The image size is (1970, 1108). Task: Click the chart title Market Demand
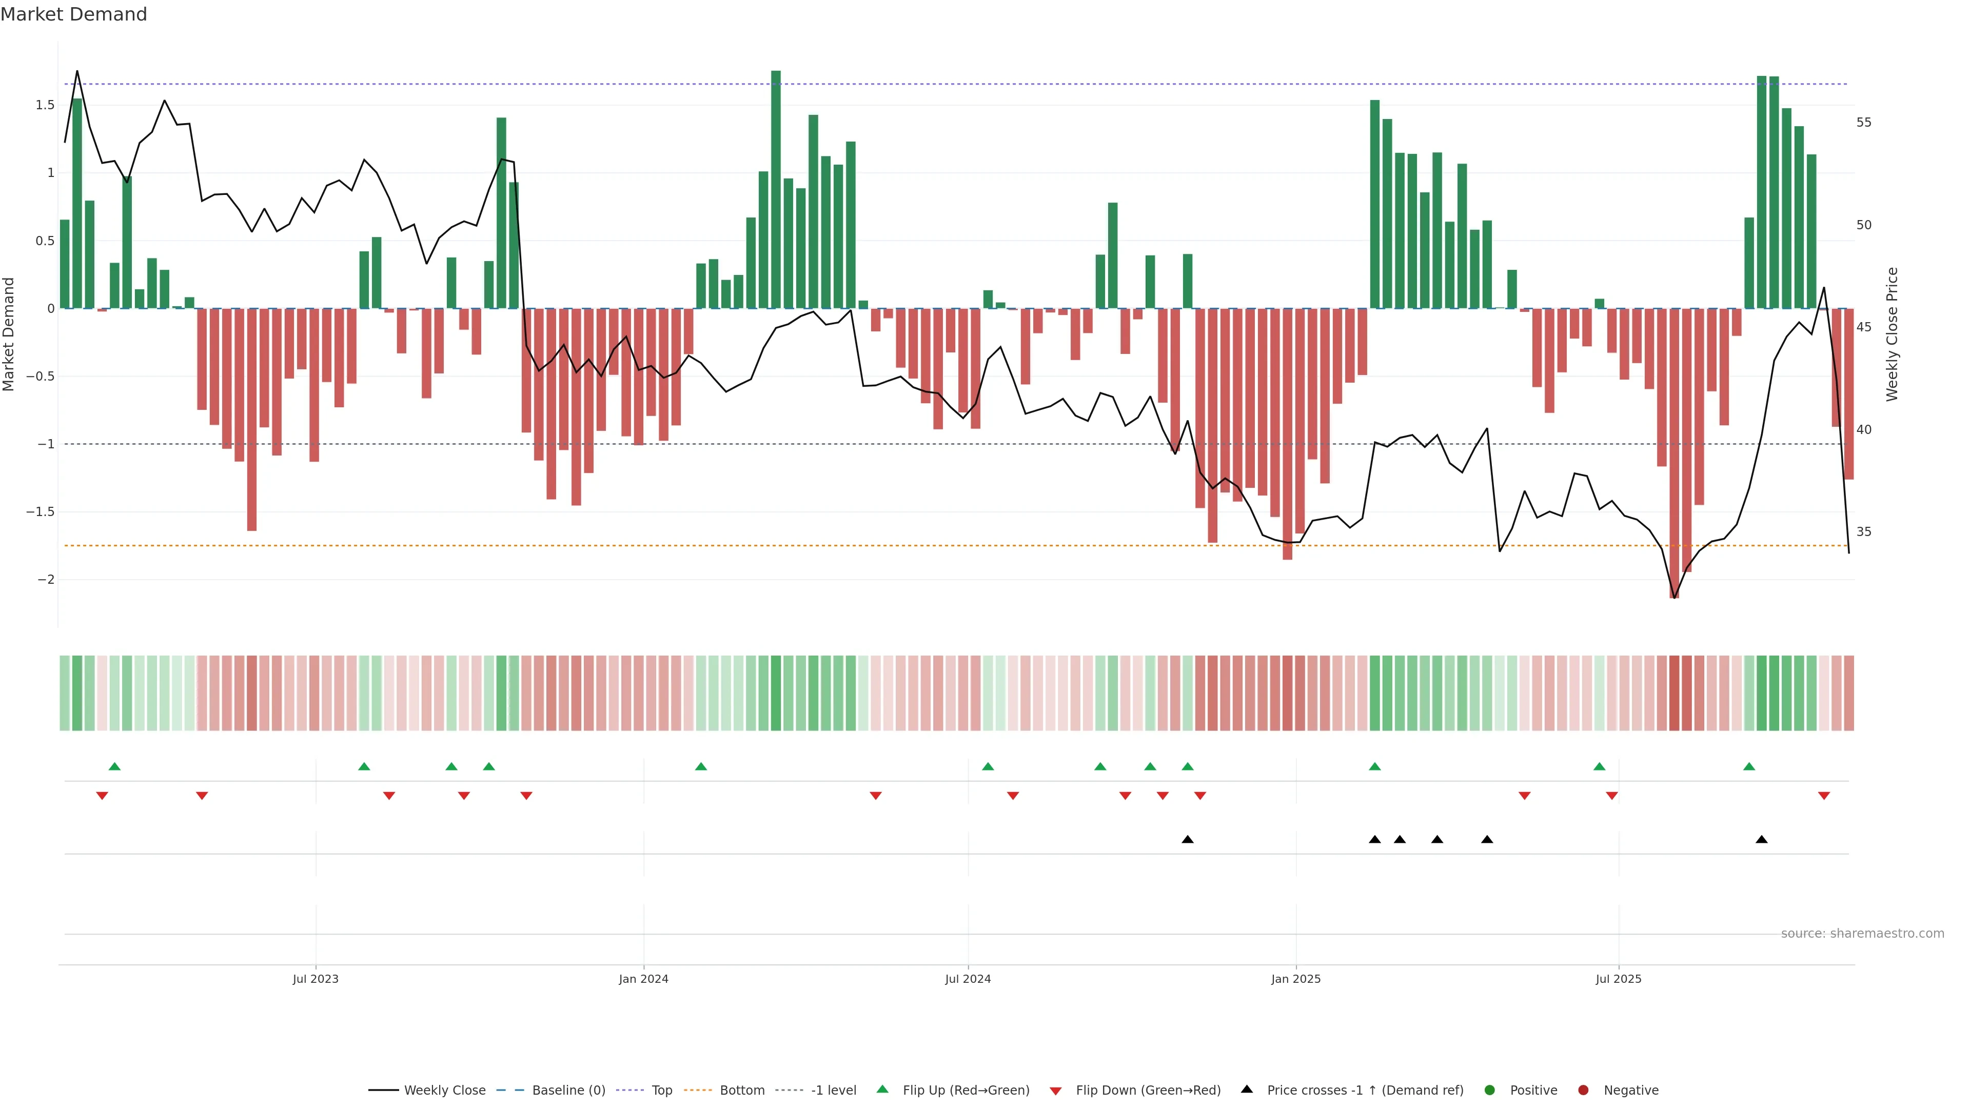[x=73, y=14]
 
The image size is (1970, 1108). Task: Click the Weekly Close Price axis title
[x=1892, y=334]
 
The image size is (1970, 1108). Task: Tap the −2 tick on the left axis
[x=46, y=580]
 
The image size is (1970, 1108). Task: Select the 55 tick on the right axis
[x=1864, y=123]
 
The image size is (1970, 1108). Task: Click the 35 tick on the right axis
[x=1864, y=531]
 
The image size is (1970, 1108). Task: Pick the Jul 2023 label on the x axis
[x=315, y=979]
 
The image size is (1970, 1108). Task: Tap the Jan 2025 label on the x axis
[x=1295, y=979]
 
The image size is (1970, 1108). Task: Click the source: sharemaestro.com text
[x=1862, y=934]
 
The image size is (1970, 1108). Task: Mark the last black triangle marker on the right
[x=1761, y=840]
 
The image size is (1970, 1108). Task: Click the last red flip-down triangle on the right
[x=1824, y=796]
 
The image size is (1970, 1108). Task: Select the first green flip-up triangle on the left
[x=115, y=766]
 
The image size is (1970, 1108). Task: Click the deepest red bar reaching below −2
[x=1674, y=459]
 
